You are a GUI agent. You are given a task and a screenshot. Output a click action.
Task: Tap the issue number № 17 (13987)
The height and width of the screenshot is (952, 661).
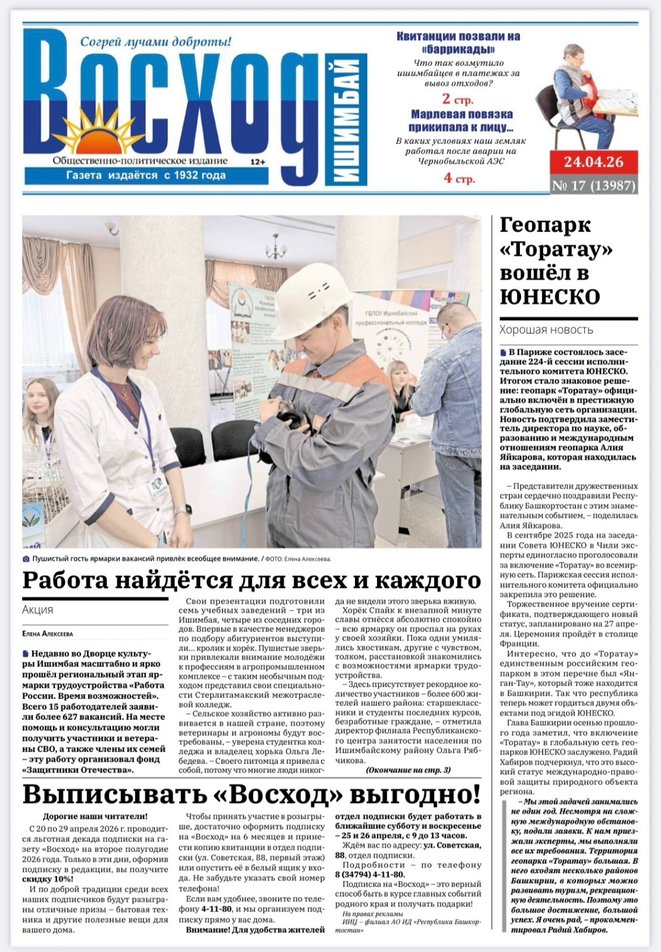click(593, 186)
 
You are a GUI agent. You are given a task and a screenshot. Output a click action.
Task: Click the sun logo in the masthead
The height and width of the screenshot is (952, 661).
click(95, 132)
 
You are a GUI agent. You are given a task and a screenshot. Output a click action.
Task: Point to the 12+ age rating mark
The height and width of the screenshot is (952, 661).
click(258, 161)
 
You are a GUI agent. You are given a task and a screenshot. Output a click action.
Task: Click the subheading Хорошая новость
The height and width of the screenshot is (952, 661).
click(546, 329)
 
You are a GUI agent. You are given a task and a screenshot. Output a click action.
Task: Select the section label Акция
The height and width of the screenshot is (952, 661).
click(37, 609)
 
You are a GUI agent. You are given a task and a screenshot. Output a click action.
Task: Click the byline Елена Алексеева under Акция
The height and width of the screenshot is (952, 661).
click(47, 634)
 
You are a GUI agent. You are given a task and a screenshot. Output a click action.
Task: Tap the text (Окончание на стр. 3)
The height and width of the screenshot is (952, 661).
click(408, 769)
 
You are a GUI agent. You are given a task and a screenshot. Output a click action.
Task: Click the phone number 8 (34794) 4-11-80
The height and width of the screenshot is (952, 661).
click(369, 874)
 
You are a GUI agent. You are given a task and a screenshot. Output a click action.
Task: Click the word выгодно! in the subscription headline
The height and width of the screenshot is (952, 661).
click(414, 794)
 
